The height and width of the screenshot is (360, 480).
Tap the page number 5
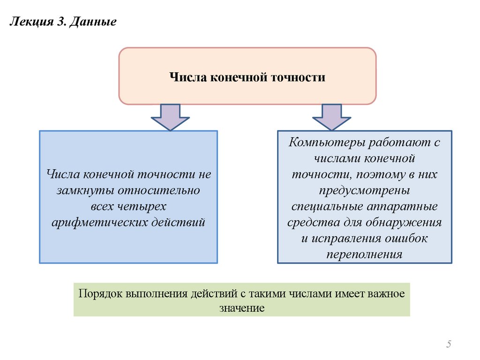coord(449,345)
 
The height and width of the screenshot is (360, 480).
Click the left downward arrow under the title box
coord(170,117)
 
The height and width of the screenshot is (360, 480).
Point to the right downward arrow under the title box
coord(331,117)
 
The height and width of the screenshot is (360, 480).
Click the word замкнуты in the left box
coord(78,191)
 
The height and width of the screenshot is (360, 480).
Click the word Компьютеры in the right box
coord(327,143)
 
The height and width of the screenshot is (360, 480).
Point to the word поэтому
coord(378,175)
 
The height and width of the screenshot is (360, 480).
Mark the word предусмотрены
coord(365,191)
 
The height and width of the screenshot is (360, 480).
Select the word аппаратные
coord(407,206)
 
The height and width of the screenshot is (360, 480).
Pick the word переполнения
coord(365,254)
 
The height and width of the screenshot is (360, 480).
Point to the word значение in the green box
coord(241,308)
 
